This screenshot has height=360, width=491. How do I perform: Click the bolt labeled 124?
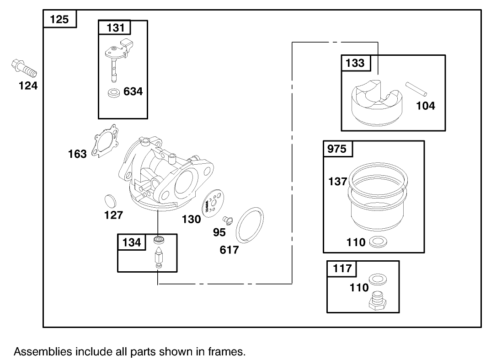(x=23, y=68)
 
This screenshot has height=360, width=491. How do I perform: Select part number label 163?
(x=77, y=154)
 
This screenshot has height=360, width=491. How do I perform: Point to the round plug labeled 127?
(x=111, y=201)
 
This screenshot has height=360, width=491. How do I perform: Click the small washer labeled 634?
(x=113, y=93)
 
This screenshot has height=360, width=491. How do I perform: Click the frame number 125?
(x=59, y=20)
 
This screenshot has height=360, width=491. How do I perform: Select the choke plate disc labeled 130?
(x=211, y=203)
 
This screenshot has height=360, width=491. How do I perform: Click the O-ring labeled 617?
(x=250, y=225)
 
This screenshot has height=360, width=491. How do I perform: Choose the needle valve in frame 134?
(x=159, y=259)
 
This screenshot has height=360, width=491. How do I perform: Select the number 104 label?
(x=425, y=106)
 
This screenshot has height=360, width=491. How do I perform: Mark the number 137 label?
(x=338, y=182)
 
